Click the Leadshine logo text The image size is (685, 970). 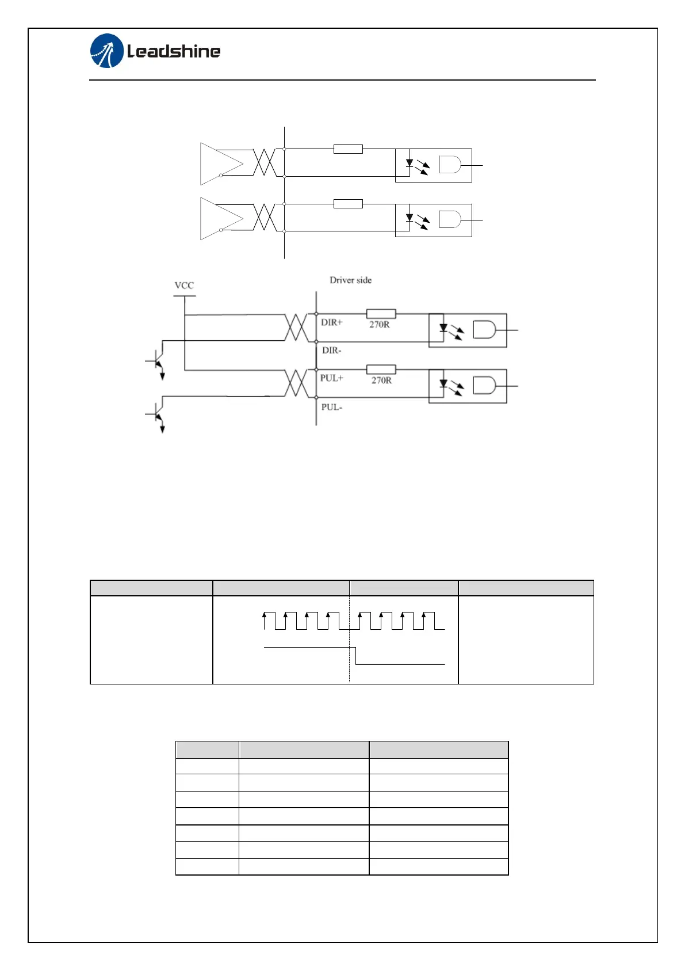pos(174,51)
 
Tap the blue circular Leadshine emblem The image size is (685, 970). pos(107,51)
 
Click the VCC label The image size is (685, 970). pos(184,286)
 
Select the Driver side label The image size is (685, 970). pos(350,280)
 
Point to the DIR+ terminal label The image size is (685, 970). pos(332,323)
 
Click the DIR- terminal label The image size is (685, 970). pos(331,351)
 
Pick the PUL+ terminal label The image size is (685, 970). pos(332,378)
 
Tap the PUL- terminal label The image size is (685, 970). pos(331,407)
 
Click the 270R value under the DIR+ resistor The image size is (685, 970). pos(380,325)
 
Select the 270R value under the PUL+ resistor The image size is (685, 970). pos(381,381)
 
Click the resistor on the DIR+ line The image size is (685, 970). pos(381,314)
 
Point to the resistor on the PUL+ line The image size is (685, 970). pos(381,370)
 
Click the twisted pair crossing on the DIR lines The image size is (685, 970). pos(297,328)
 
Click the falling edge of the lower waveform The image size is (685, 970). pos(356,656)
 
